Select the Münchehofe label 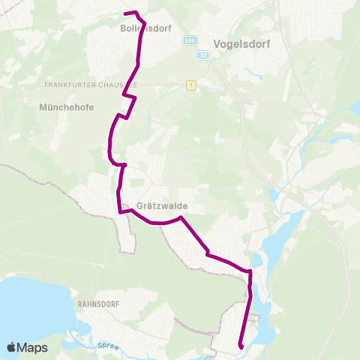(66, 107)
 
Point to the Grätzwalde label (163, 205)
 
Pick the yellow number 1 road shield (192, 86)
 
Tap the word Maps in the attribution (33, 348)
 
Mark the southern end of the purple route (241, 346)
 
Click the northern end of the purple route (125, 13)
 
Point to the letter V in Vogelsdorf (217, 43)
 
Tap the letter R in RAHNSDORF (79, 305)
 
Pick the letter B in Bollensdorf (122, 31)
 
